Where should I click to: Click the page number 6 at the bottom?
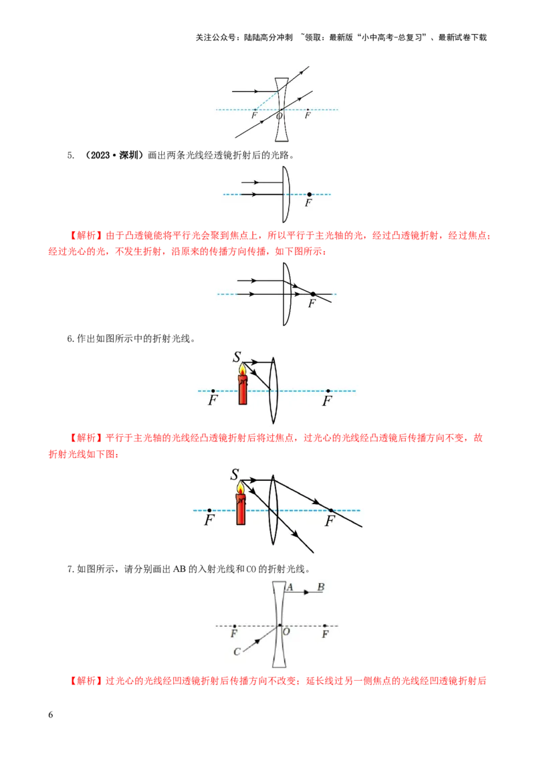(x=51, y=714)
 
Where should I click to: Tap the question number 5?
(x=70, y=155)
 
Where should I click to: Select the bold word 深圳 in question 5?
(x=128, y=155)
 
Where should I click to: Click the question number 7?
(x=70, y=569)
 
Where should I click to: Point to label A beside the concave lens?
(x=290, y=587)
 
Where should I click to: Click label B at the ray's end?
(x=321, y=587)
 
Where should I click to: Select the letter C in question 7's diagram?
(x=237, y=652)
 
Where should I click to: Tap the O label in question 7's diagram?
(x=286, y=631)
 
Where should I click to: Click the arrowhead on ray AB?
(x=306, y=592)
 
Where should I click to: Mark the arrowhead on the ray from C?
(x=257, y=641)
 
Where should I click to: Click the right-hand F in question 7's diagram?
(x=325, y=634)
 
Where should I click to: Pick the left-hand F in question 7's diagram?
(x=233, y=633)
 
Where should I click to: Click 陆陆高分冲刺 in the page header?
(x=268, y=37)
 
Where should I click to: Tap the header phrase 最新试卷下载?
(x=463, y=37)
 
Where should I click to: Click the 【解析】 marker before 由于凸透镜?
(x=86, y=235)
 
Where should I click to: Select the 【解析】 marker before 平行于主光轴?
(x=86, y=438)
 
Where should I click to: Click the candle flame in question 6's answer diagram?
(x=240, y=489)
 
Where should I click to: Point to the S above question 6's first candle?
(x=237, y=357)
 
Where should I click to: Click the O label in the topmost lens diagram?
(x=279, y=116)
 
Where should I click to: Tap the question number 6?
(x=70, y=339)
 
